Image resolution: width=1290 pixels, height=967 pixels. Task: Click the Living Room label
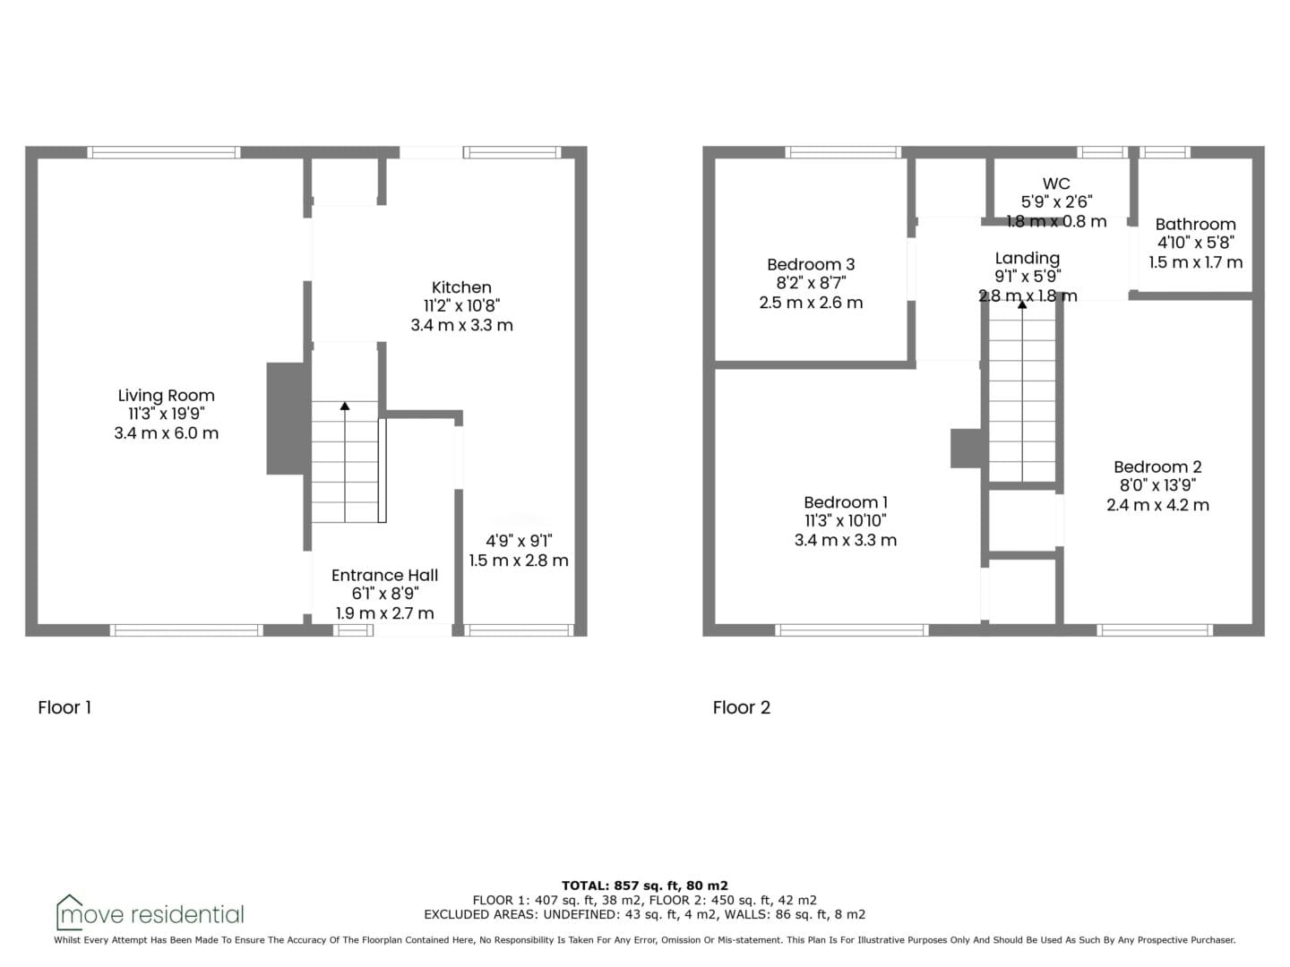[167, 395]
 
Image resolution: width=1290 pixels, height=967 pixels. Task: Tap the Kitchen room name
[461, 287]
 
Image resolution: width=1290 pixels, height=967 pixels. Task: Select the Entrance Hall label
[385, 575]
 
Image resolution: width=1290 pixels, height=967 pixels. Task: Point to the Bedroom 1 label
[846, 502]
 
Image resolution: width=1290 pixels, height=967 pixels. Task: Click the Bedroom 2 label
[1157, 466]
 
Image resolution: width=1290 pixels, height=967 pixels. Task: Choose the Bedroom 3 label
[811, 264]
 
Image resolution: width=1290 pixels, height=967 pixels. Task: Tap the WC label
[1056, 184]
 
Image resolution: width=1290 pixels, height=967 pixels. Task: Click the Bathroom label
[1195, 224]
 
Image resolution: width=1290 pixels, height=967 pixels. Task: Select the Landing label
[1028, 259]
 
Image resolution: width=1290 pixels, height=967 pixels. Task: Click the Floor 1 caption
[64, 707]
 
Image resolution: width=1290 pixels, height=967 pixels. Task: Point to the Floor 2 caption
[741, 707]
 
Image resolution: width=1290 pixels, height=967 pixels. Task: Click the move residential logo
[150, 914]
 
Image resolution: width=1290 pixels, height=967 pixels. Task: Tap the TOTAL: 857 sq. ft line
[645, 886]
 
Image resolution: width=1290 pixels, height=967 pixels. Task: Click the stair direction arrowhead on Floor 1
[345, 406]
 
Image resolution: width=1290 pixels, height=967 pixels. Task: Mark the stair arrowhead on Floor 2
[1023, 304]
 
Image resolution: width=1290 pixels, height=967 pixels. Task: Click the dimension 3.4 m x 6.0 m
[167, 433]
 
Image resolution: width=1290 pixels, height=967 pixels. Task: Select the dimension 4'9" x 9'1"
[519, 541]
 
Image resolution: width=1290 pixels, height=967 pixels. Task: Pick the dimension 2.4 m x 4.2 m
[1157, 505]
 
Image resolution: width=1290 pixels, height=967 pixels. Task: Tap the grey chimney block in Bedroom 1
[967, 449]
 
